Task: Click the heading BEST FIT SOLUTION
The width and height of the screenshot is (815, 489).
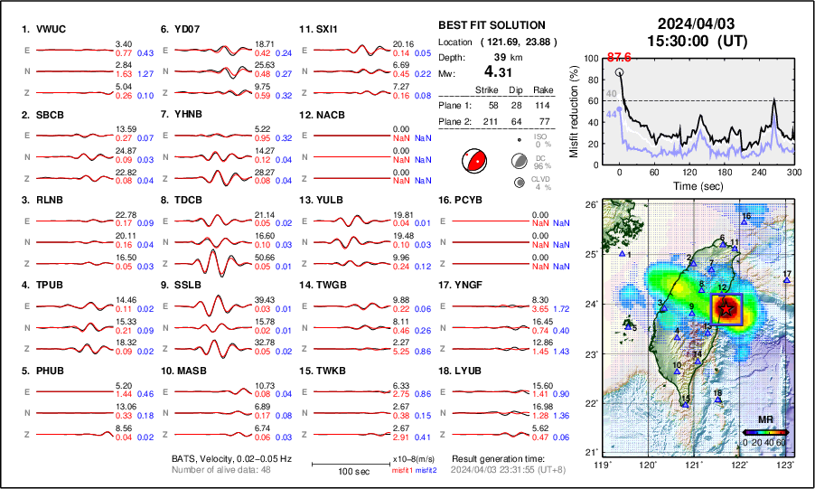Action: click(x=491, y=25)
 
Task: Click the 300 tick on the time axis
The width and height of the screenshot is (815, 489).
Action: click(x=794, y=172)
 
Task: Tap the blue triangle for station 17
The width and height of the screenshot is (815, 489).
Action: click(x=787, y=281)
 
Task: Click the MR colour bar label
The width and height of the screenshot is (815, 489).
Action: click(x=764, y=419)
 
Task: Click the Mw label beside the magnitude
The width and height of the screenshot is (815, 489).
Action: click(x=445, y=71)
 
